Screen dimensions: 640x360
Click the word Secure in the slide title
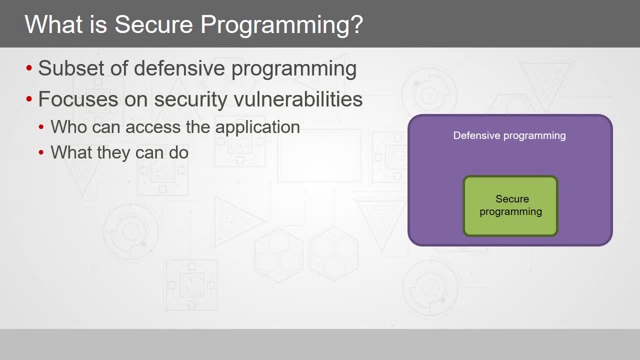pos(153,24)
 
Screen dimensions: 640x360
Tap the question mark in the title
pos(356,24)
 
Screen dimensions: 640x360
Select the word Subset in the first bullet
pos(71,68)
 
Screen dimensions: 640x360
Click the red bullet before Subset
pos(29,68)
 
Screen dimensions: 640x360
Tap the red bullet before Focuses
pos(29,99)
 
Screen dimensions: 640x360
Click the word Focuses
pos(78,99)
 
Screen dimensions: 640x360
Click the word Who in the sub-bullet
pos(69,127)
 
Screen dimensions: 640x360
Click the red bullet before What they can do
pos(41,152)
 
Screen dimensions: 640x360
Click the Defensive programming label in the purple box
pos(509,136)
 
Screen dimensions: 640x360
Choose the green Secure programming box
pos(510,206)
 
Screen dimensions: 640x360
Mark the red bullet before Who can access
pos(41,127)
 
